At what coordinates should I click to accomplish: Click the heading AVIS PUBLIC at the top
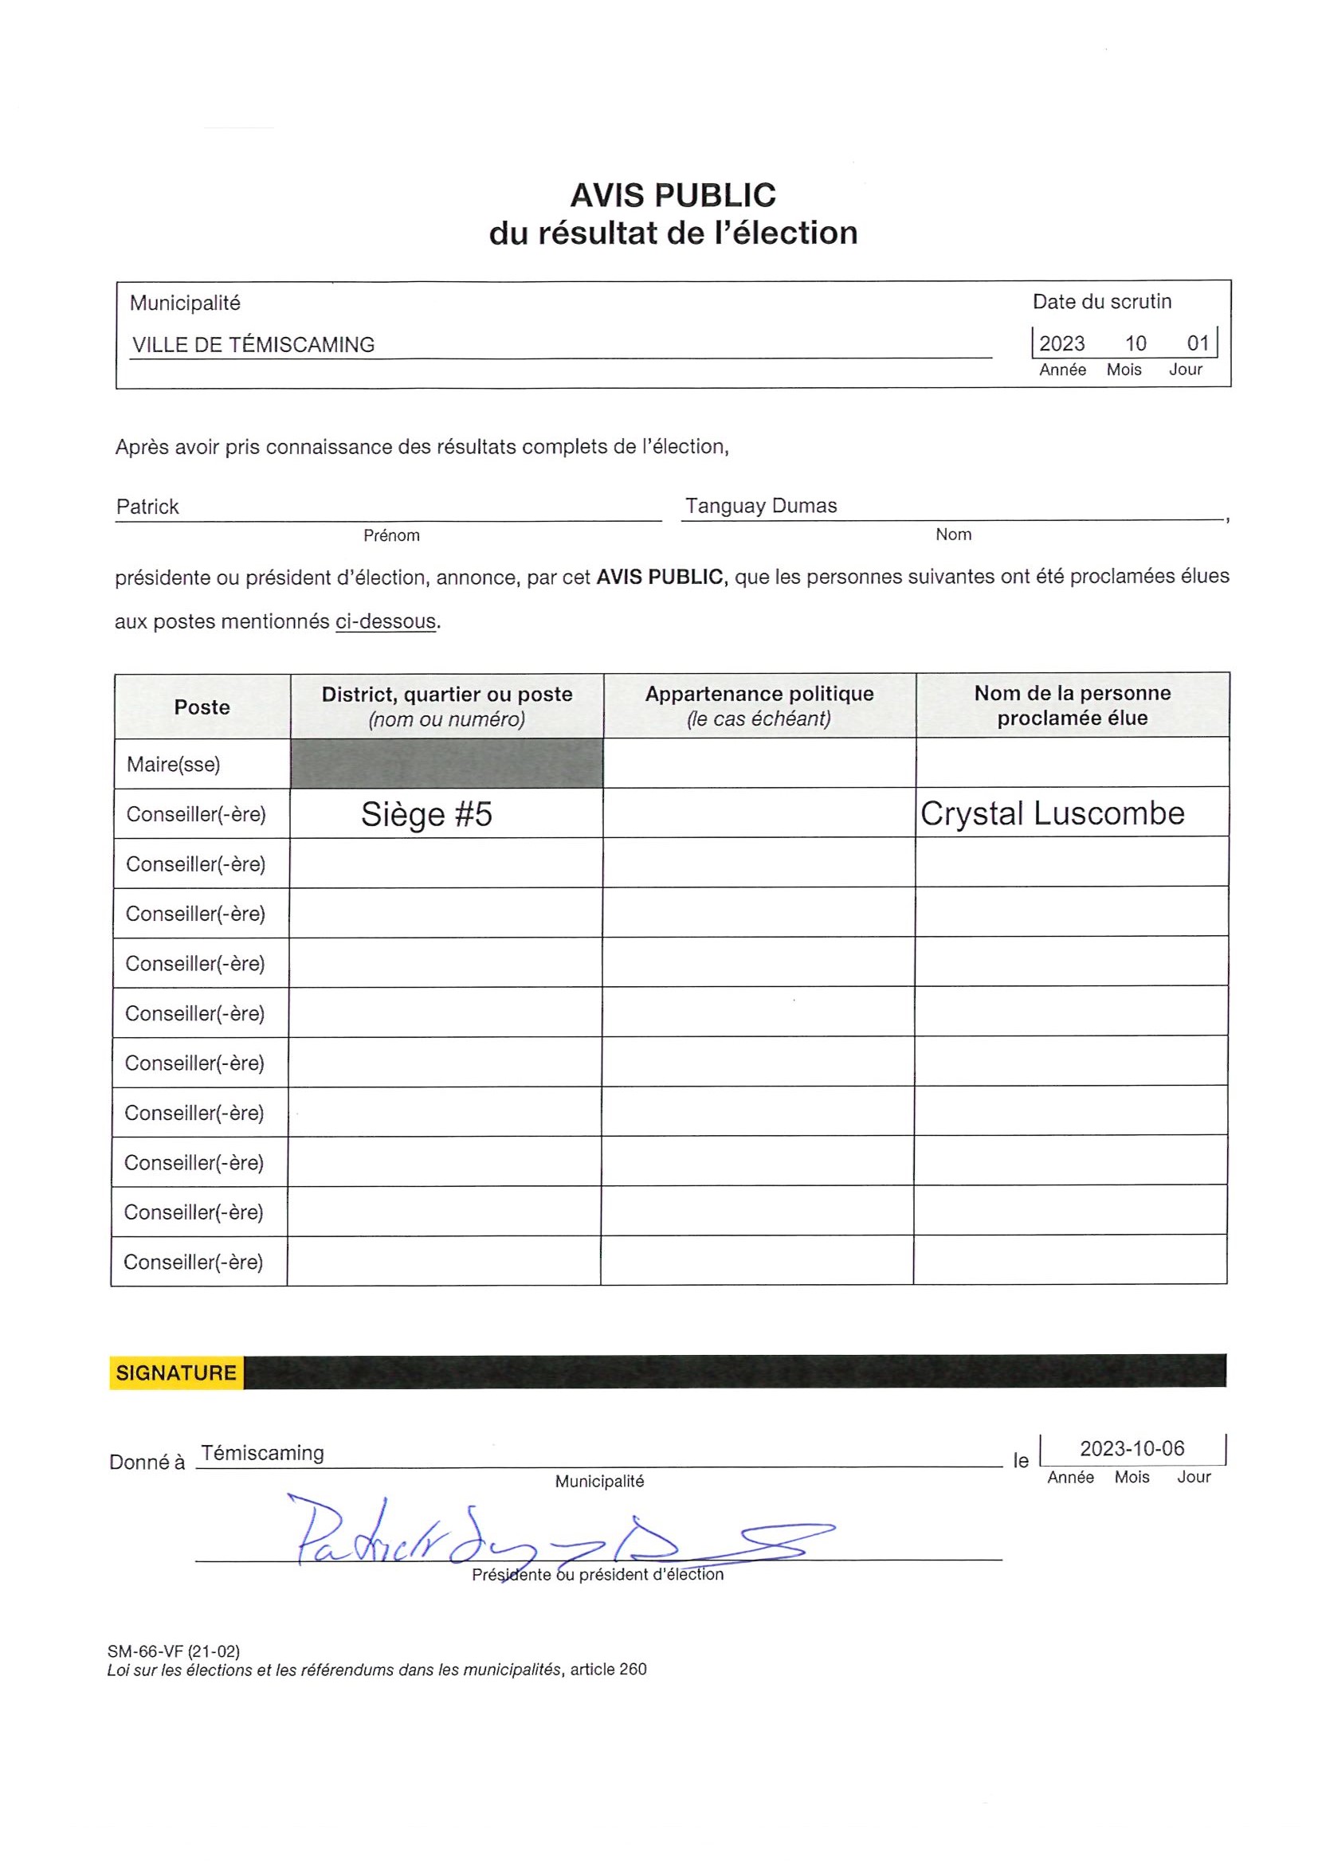pos(673,196)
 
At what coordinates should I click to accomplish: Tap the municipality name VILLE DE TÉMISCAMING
pos(253,345)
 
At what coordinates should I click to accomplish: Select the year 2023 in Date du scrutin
pos(1061,343)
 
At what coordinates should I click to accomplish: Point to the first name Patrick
pos(147,507)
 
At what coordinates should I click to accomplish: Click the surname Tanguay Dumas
pos(760,506)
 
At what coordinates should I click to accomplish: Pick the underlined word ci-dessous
pos(386,622)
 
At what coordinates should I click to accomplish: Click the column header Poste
pos(202,707)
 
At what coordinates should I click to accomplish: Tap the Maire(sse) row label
pos(173,764)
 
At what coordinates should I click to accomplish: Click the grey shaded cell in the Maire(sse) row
pos(447,763)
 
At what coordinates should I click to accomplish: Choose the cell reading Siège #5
pos(426,814)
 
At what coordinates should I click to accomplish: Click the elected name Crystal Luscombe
pos(1052,813)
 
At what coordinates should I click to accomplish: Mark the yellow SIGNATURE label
pos(176,1373)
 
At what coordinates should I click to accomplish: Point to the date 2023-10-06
pos(1132,1448)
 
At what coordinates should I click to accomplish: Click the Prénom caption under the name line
pos(391,536)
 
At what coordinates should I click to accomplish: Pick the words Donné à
pos(147,1463)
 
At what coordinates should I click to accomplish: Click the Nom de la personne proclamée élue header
pos(1072,706)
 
